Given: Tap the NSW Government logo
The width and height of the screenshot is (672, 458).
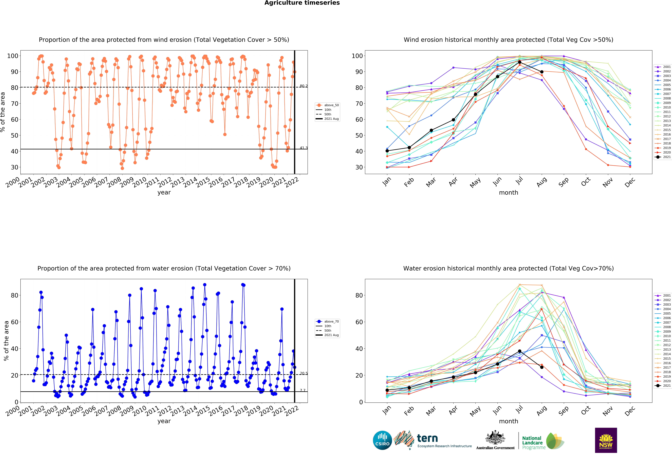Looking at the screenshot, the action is click(606, 440).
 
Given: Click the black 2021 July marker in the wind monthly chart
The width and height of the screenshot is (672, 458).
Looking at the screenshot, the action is click(520, 62).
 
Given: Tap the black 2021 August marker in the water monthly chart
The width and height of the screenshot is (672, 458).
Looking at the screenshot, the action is click(542, 367).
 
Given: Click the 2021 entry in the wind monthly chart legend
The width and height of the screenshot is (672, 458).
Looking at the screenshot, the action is click(662, 157).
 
